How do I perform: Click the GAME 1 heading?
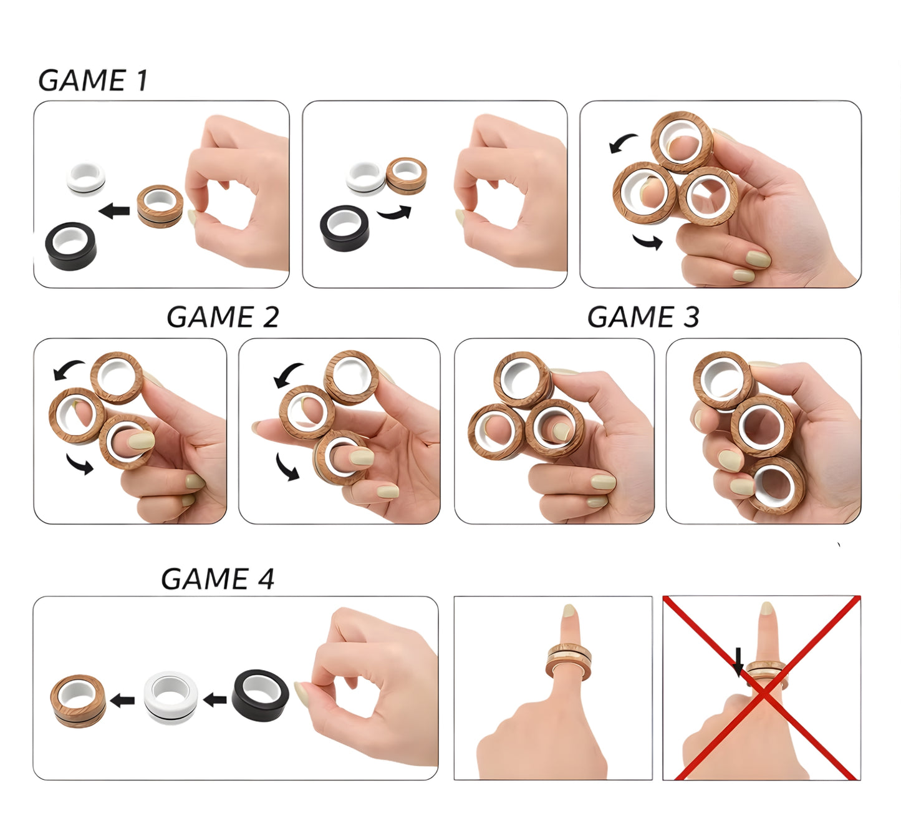pyautogui.click(x=93, y=80)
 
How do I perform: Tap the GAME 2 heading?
pyautogui.click(x=223, y=316)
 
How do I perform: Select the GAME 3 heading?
pyautogui.click(x=643, y=316)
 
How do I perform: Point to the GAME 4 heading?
pyautogui.click(x=218, y=579)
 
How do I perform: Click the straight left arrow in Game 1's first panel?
pyautogui.click(x=114, y=211)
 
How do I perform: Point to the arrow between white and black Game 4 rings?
pyautogui.click(x=215, y=700)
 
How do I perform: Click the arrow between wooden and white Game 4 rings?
pyautogui.click(x=122, y=701)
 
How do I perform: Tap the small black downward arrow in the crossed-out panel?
pyautogui.click(x=739, y=661)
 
